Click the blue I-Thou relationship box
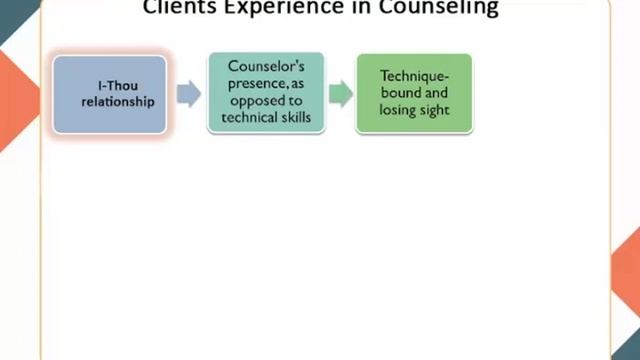pos(109,94)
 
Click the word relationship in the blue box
pos(110,101)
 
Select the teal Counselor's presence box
pos(266,94)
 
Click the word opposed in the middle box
pos(266,102)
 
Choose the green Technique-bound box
pos(414,94)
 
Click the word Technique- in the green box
pos(414,75)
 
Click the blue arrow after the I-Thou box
pos(187,94)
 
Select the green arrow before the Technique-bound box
pos(341,94)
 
